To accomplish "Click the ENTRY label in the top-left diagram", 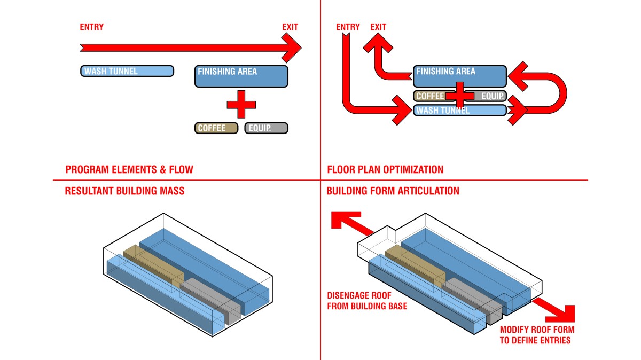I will pyautogui.click(x=91, y=27).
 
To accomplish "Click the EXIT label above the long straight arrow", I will pyautogui.click(x=290, y=27).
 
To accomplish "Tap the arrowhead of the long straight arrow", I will pyautogui.click(x=293, y=48).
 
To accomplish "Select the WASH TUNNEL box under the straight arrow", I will pyautogui.click(x=127, y=71).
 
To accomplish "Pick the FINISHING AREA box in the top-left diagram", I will pyautogui.click(x=241, y=76).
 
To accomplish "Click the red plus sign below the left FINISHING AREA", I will pyautogui.click(x=241, y=104).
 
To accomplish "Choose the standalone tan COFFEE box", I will pyautogui.click(x=216, y=128).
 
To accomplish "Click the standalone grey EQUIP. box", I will pyautogui.click(x=266, y=128).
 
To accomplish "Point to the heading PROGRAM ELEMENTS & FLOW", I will pyautogui.click(x=129, y=170).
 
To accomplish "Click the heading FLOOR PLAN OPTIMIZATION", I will pyautogui.click(x=385, y=170).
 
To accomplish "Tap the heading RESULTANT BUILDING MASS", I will pyautogui.click(x=124, y=191).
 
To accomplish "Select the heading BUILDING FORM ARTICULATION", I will pyautogui.click(x=393, y=191).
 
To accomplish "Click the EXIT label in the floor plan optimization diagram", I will pyautogui.click(x=378, y=27).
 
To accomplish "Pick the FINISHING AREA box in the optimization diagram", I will pyautogui.click(x=459, y=76).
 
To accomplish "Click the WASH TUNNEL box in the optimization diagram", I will pyautogui.click(x=459, y=111).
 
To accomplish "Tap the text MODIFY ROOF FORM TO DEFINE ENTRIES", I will pyautogui.click(x=537, y=335).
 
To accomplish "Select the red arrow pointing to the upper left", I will pyautogui.click(x=350, y=223).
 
